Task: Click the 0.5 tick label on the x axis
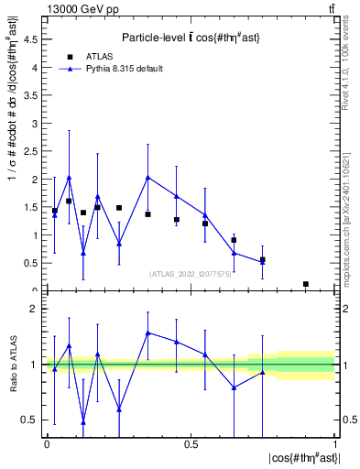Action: pyautogui.click(x=191, y=443)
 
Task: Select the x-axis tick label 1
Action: pyautogui.click(x=335, y=443)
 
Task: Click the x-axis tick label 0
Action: pyautogui.click(x=47, y=443)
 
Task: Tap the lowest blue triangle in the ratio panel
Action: pyautogui.click(x=83, y=422)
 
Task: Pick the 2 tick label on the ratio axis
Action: pyautogui.click(x=34, y=309)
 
